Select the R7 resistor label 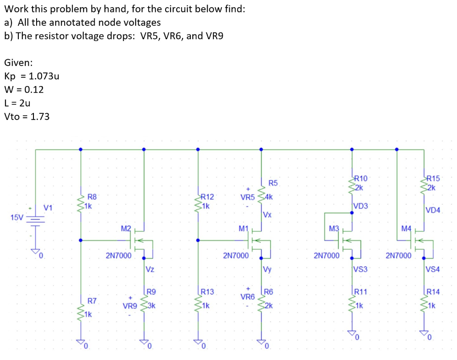[92, 301]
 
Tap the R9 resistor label [151, 292]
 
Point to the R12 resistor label [208, 197]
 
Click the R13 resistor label [208, 292]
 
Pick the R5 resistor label [273, 183]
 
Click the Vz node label [150, 269]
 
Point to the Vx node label [267, 215]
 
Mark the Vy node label [267, 269]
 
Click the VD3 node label [361, 206]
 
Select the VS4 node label [433, 269]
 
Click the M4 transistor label [405, 229]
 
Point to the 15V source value [17, 218]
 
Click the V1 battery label [48, 207]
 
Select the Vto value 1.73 [41, 117]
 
